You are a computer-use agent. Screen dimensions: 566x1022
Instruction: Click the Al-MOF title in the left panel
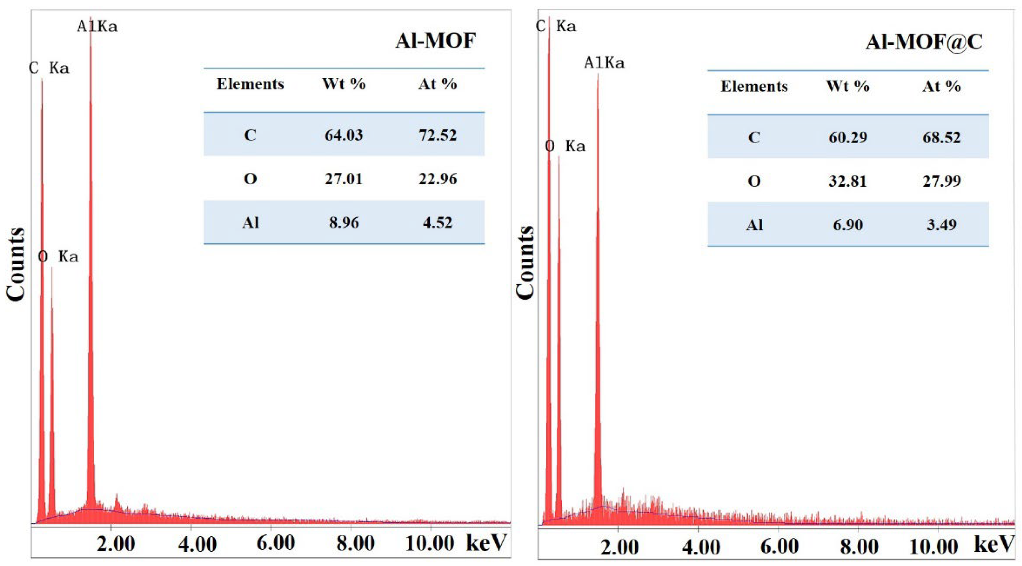pos(435,41)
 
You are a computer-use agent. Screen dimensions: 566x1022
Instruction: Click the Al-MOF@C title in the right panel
pos(924,42)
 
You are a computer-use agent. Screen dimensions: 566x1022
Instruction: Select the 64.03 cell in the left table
pos(344,135)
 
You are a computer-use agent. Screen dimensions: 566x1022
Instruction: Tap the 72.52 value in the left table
pos(438,135)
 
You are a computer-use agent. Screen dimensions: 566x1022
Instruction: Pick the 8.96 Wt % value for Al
pos(344,222)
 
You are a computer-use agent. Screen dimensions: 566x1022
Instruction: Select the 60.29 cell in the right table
pos(848,137)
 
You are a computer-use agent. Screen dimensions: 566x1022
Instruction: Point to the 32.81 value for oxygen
pos(848,181)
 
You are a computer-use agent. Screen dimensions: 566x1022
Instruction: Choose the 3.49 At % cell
pos(941,225)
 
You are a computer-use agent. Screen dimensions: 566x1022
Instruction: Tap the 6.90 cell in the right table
pos(848,225)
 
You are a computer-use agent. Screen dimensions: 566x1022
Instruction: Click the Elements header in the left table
pos(250,84)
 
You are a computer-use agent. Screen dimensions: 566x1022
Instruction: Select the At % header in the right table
pos(941,86)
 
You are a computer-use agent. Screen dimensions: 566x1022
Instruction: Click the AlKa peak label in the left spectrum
pos(97,27)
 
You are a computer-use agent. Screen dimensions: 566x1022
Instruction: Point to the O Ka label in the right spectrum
pos(565,146)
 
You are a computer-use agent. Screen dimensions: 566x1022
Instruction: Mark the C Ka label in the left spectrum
pos(49,68)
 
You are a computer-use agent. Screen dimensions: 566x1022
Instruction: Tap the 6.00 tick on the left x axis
pos(275,543)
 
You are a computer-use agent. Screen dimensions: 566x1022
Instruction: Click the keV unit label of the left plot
pos(486,542)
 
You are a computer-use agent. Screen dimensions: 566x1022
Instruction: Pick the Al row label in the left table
pos(250,222)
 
